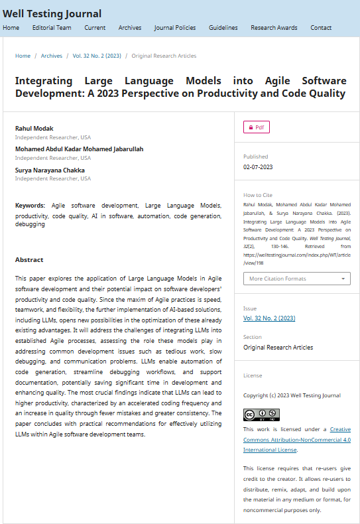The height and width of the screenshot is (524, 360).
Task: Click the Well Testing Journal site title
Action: coord(52,14)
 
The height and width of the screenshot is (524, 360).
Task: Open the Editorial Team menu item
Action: coord(52,28)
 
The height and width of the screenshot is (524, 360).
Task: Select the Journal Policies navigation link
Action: coord(175,28)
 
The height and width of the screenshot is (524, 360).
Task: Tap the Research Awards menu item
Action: coord(274,28)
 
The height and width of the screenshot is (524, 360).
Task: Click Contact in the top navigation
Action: coord(321,28)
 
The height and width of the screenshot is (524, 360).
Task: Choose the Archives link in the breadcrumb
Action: coord(52,56)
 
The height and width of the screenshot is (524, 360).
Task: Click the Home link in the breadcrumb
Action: coord(23,56)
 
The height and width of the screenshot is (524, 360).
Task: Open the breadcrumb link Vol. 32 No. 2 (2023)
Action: coord(97,56)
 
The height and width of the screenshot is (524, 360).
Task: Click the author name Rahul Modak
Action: coord(34,128)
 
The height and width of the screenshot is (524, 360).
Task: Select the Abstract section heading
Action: coord(29,260)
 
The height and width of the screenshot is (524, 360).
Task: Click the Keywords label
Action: coord(30,206)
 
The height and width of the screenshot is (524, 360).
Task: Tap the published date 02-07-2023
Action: coord(258,167)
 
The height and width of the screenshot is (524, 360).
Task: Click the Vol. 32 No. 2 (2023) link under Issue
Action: coord(269,318)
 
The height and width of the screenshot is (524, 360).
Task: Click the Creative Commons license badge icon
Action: coord(261,415)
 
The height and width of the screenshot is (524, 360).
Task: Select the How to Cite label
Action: coord(258,195)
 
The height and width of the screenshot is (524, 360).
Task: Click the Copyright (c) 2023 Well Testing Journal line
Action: coord(292,395)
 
